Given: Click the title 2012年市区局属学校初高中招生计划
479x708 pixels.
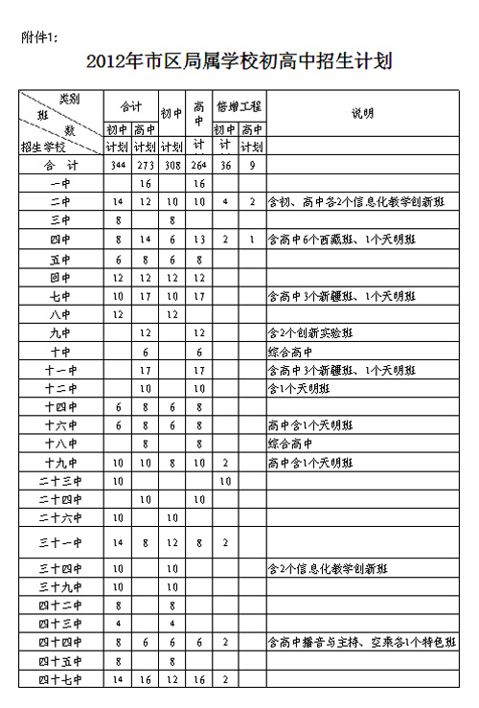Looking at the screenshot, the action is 239,62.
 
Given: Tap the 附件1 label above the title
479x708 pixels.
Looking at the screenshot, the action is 40,36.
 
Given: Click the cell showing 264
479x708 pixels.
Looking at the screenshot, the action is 199,165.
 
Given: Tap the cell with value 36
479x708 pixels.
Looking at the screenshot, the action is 225,165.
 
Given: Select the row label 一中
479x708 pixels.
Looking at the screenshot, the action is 59,183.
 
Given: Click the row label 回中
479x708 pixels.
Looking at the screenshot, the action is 59,277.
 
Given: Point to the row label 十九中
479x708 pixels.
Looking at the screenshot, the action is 59,463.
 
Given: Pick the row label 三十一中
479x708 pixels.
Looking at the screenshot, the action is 59,543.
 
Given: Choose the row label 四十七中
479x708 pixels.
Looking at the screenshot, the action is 59,679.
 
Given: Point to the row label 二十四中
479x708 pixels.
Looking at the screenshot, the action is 59,499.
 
